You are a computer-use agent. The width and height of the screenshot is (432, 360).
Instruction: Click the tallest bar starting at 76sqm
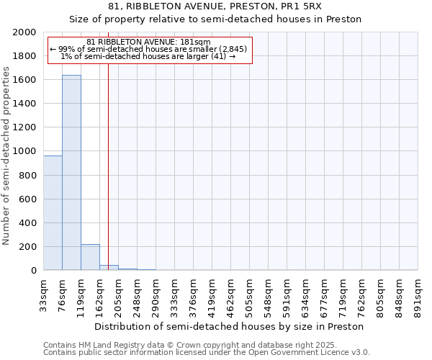click(x=71, y=173)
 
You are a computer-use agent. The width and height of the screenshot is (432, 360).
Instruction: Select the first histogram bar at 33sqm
click(x=53, y=213)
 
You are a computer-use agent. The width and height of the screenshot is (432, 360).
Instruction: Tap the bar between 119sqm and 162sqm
click(x=90, y=257)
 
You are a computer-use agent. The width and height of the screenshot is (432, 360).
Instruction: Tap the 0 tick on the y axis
click(x=34, y=271)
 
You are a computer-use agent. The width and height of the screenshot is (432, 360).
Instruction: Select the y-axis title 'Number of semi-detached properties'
click(x=6, y=156)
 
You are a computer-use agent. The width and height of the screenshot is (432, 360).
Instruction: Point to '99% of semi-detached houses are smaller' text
click(x=148, y=49)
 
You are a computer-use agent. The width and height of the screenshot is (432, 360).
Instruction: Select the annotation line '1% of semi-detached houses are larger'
click(x=148, y=56)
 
